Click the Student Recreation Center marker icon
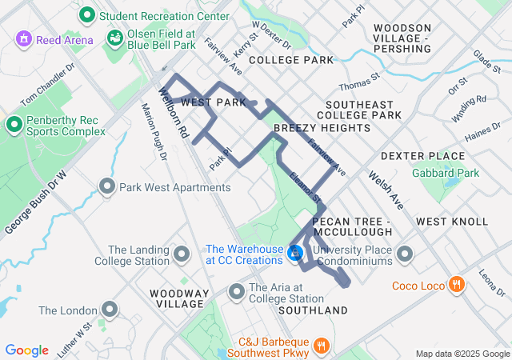click(86, 14)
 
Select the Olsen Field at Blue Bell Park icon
click(116, 38)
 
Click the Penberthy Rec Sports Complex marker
click(14, 125)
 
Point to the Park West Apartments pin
click(107, 187)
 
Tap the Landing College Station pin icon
click(182, 254)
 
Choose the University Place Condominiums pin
click(405, 254)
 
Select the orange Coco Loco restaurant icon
click(456, 285)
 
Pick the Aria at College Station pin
click(237, 292)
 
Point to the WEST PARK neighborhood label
click(214, 103)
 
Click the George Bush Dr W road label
click(34, 202)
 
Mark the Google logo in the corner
click(27, 350)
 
